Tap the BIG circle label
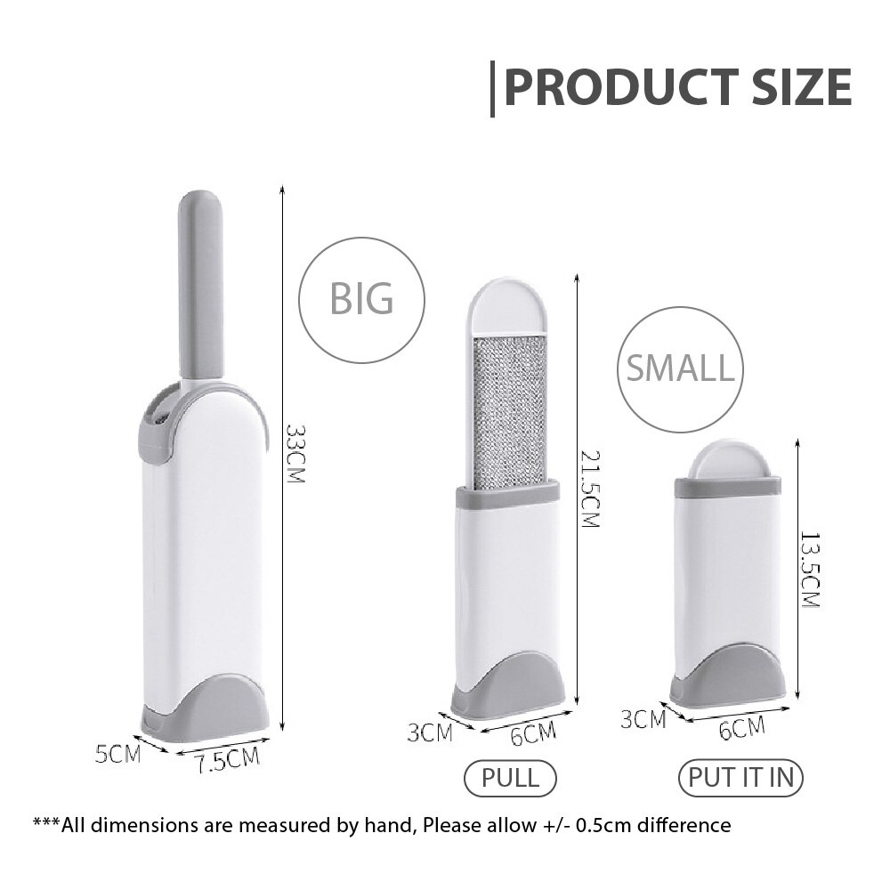(x=361, y=299)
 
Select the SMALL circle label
(x=681, y=368)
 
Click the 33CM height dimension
(x=295, y=454)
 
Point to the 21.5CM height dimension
(x=588, y=486)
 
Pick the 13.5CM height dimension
(x=808, y=570)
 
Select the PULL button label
(x=510, y=777)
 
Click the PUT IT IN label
(x=740, y=777)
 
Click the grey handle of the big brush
(x=200, y=283)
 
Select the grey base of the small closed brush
(x=737, y=674)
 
